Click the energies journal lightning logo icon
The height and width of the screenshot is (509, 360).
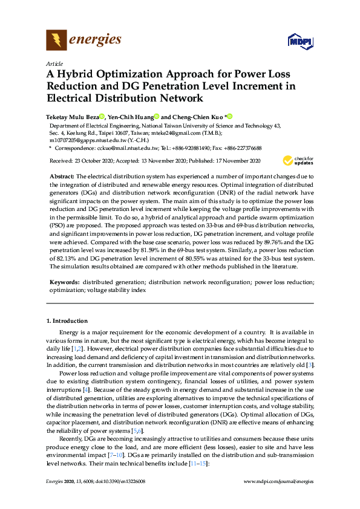tap(56, 41)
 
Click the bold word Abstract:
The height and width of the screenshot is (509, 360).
tap(64, 175)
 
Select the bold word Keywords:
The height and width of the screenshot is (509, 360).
tap(65, 282)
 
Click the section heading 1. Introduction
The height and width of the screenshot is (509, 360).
tap(67, 320)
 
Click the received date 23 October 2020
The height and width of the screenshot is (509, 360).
tap(90, 160)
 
